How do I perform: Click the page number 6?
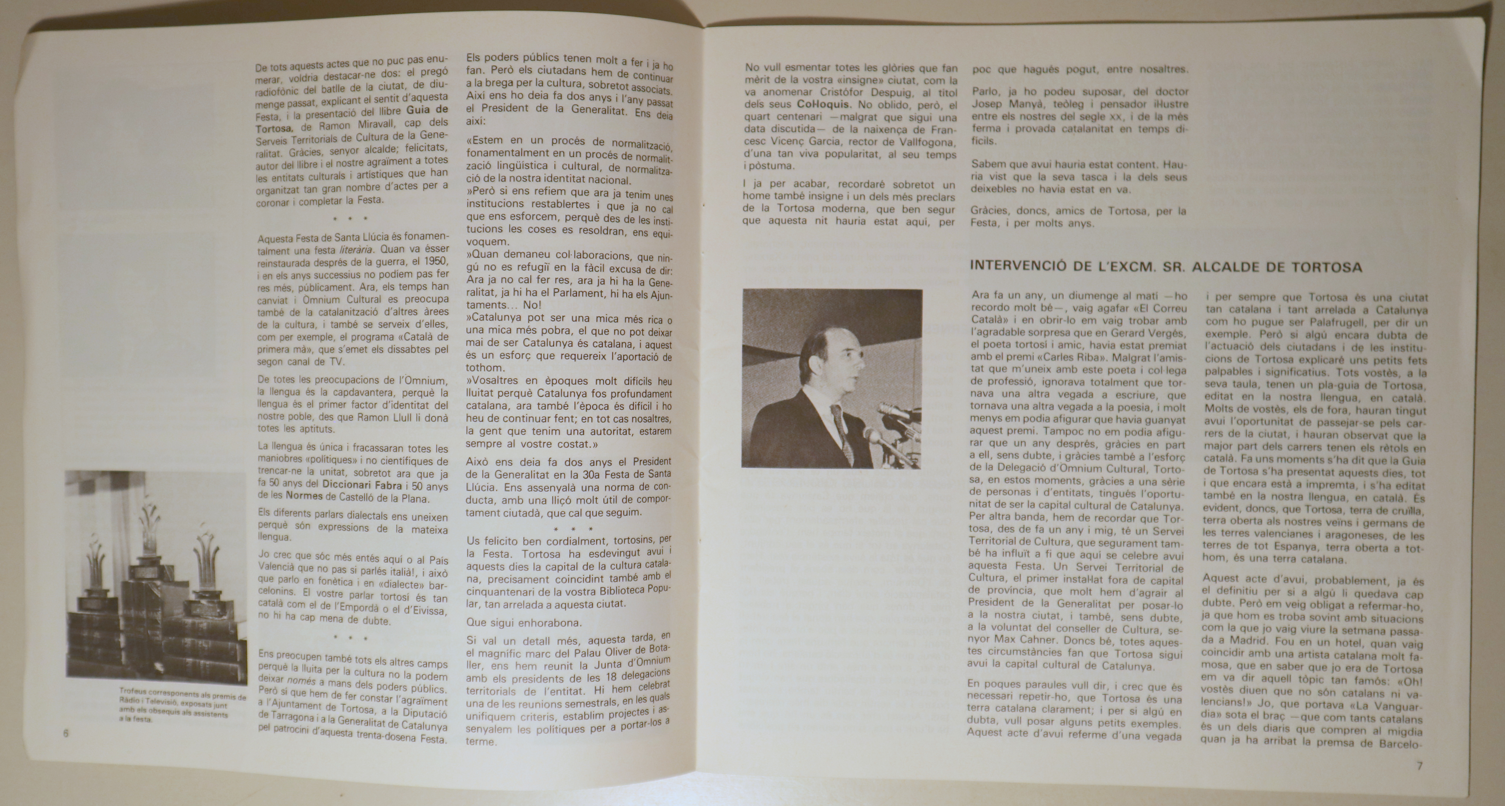coord(66,734)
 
